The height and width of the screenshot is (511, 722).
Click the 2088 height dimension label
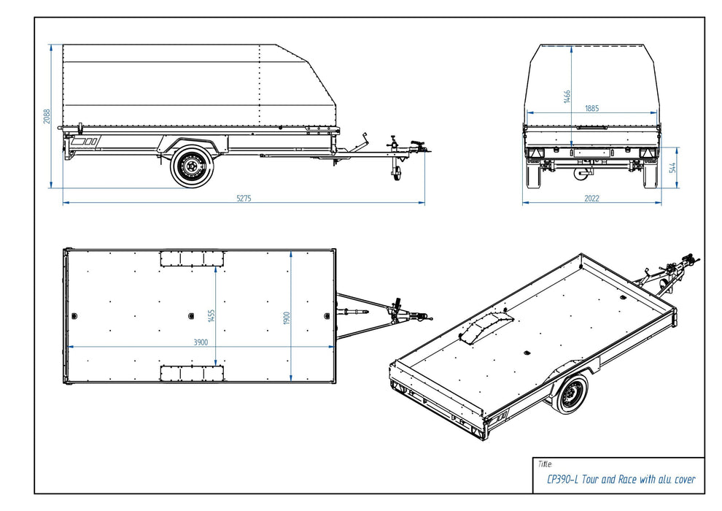coord(47,117)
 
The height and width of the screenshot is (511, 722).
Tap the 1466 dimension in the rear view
coord(567,97)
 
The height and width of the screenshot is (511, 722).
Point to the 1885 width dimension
coord(591,108)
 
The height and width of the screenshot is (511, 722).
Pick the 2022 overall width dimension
coord(591,199)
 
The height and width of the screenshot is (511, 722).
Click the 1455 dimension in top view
coord(211,315)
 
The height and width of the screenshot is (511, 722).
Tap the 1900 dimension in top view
coord(287,318)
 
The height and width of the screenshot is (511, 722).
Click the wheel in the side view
coord(193,167)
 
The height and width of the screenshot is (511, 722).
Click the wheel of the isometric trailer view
coord(571,394)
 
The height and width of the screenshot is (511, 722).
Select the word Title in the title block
coord(544,464)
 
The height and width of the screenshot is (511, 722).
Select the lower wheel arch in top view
coord(192,374)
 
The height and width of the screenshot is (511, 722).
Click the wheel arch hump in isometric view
coord(484,327)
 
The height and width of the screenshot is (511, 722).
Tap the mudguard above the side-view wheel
coord(191,142)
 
